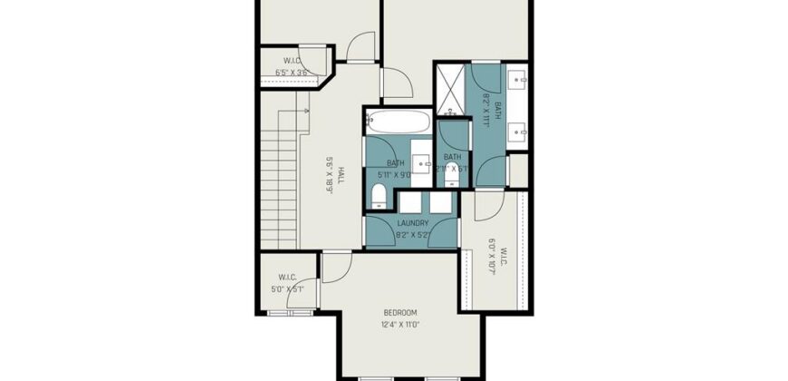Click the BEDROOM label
(x=399, y=312)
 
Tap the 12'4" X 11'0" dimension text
(x=399, y=324)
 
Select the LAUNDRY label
(x=412, y=223)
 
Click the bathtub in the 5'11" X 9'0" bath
(x=399, y=122)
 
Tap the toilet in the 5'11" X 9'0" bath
(x=380, y=193)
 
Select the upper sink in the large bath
(x=519, y=79)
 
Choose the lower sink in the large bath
(x=519, y=133)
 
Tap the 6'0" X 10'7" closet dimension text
(x=493, y=257)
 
